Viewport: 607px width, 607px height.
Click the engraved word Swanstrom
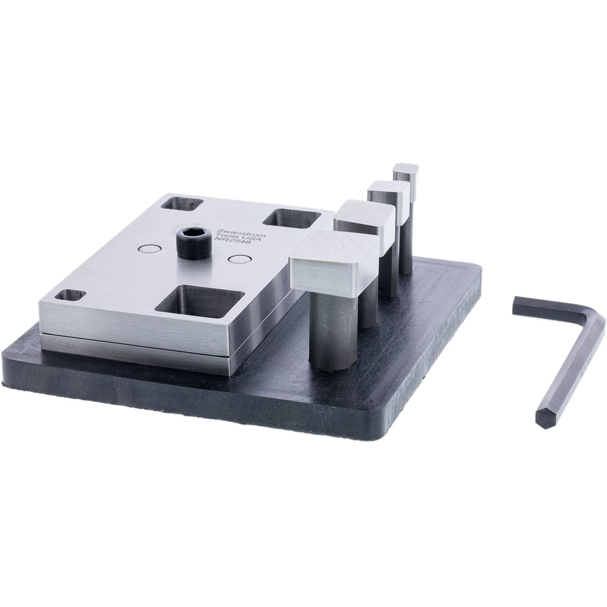(x=249, y=229)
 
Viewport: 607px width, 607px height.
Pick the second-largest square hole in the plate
(x=291, y=218)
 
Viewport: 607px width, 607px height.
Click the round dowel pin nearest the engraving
(x=239, y=259)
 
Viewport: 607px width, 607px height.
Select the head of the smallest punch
(x=407, y=173)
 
